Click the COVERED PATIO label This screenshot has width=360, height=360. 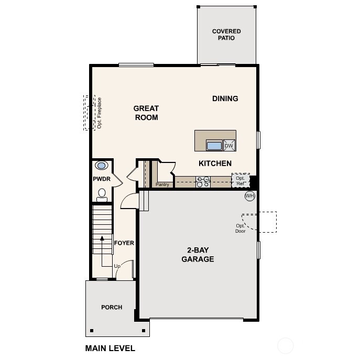pyautogui.click(x=226, y=35)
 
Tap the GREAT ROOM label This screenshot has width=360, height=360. pyautogui.click(x=146, y=113)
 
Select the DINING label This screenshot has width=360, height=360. pyautogui.click(x=225, y=99)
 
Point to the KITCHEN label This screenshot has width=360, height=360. pyautogui.click(x=215, y=163)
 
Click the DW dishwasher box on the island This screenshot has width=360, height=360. pyautogui.click(x=229, y=146)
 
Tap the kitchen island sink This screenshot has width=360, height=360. pyautogui.click(x=214, y=146)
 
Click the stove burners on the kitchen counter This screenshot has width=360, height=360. pyautogui.click(x=203, y=181)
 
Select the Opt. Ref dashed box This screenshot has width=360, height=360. pyautogui.click(x=241, y=181)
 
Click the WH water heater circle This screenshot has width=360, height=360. pyautogui.click(x=250, y=196)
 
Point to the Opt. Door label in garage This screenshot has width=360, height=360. pyautogui.click(x=241, y=228)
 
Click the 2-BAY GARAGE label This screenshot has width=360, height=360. pyautogui.click(x=198, y=255)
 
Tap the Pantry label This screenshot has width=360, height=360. pyautogui.click(x=162, y=184)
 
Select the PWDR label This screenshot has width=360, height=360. pyautogui.click(x=101, y=179)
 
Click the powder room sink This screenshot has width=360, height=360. pyautogui.click(x=102, y=166)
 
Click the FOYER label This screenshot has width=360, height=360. pyautogui.click(x=124, y=243)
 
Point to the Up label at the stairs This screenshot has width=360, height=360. pyautogui.click(x=118, y=266)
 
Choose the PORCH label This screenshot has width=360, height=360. pyautogui.click(x=112, y=307)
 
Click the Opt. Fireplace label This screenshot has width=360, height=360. pyautogui.click(x=99, y=113)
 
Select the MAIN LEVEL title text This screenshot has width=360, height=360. pyautogui.click(x=110, y=348)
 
